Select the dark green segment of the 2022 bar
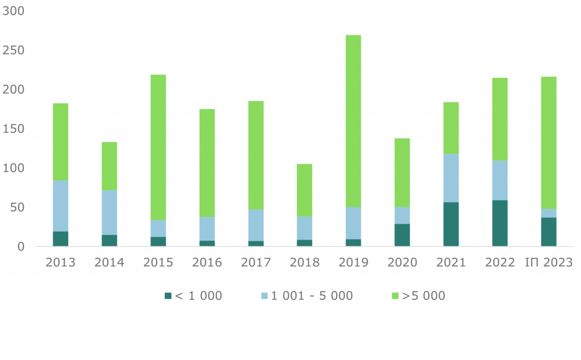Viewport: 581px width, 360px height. [x=500, y=223]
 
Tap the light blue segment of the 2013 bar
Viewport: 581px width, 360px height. [x=61, y=206]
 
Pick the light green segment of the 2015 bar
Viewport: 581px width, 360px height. [x=158, y=147]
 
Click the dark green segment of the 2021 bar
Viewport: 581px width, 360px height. [x=451, y=224]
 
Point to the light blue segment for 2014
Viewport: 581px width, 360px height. [x=110, y=213]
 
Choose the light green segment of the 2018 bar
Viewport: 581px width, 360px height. [x=305, y=190]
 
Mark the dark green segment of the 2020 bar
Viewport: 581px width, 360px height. [x=402, y=235]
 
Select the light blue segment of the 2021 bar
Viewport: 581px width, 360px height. [x=451, y=178]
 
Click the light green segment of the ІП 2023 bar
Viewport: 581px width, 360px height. [x=549, y=143]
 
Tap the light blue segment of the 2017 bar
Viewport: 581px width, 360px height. [x=256, y=225]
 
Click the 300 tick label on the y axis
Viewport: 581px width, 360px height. [x=14, y=11]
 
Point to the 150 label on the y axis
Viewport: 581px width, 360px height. [x=14, y=129]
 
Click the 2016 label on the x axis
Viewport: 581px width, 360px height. [x=207, y=262]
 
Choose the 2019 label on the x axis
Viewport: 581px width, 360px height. [x=353, y=262]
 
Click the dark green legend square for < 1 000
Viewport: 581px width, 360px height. [x=167, y=296]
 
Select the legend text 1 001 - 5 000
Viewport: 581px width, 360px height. [x=311, y=296]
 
